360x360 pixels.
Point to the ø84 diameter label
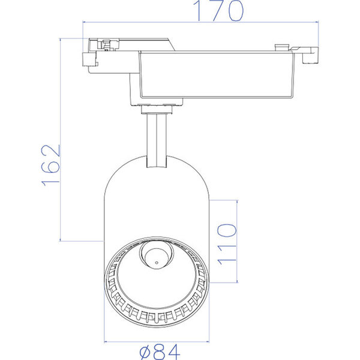(157, 351)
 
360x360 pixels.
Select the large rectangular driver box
(216, 75)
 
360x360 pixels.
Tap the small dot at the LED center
(155, 262)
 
